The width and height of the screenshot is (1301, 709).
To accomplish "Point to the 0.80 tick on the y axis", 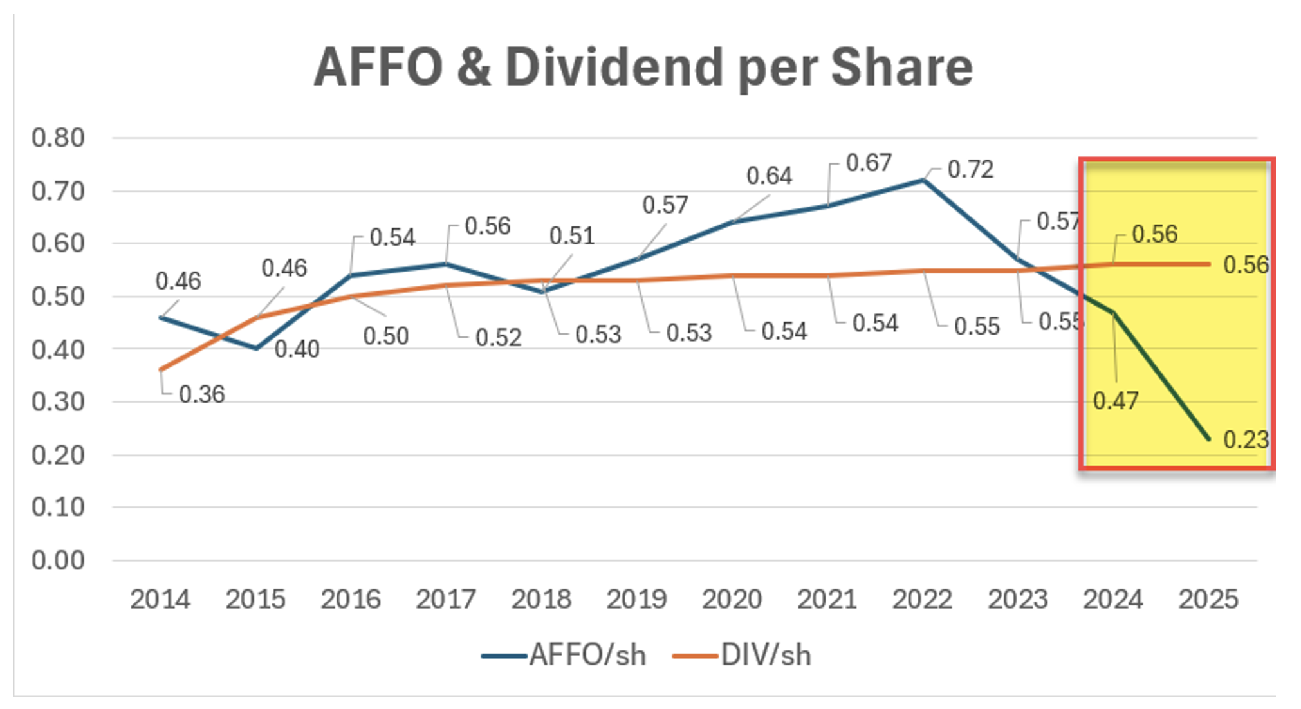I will [58, 138].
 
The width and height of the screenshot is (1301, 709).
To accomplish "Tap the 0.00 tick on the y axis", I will [58, 560].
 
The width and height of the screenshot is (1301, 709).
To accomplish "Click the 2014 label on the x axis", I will [160, 600].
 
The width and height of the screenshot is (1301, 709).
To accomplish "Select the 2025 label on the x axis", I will [1208, 600].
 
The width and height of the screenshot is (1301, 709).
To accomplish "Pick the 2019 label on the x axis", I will [636, 600].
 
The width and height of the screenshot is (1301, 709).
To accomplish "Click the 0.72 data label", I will [971, 169].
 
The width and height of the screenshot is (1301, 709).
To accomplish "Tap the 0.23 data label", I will [1246, 440].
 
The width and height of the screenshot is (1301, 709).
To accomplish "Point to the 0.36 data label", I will [201, 394].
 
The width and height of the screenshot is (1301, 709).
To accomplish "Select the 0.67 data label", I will [869, 163].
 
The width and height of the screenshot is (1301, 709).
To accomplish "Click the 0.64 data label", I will [769, 176].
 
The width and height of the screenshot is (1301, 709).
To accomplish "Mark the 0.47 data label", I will [1116, 401].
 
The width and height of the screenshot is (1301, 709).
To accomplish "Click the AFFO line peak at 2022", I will [923, 180].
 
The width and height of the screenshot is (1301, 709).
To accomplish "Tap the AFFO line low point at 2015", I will [256, 349].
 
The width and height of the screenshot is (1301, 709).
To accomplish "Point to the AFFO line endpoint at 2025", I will [1209, 439].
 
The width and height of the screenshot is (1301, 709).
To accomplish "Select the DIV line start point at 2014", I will [161, 370].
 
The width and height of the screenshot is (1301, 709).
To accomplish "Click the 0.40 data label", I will [297, 349].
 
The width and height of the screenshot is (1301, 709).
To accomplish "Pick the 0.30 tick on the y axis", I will [58, 402].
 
